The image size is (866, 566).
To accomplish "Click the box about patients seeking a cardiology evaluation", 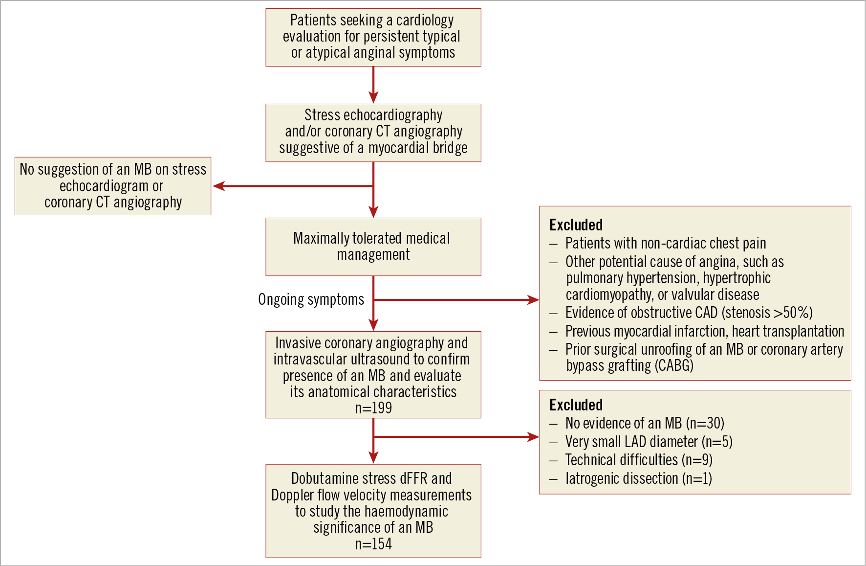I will click(373, 37).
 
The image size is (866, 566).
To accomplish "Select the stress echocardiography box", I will click(373, 132).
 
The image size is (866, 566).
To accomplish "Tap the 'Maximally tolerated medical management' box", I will click(373, 247).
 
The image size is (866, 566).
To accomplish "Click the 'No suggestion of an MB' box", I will click(113, 186).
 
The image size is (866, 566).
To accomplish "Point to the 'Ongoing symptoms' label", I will click(311, 299).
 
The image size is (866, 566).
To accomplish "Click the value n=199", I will click(373, 408).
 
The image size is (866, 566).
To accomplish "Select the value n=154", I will click(373, 544).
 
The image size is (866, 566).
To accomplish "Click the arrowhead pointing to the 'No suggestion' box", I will click(218, 186).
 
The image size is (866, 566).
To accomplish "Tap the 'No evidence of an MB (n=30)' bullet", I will click(644, 423).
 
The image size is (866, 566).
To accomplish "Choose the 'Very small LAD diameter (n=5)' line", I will click(649, 442).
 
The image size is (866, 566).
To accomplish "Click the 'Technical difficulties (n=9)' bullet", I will click(638, 460).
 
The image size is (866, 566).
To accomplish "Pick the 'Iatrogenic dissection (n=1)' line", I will click(638, 478).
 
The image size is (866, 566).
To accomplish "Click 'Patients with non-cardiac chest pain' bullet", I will click(665, 243).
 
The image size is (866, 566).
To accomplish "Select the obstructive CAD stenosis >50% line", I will click(689, 313).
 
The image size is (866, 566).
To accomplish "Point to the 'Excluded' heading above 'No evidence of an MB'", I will click(576, 405).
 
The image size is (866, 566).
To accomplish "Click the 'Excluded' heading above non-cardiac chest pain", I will click(576, 225).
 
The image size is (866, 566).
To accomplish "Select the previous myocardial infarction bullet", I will click(704, 331).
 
